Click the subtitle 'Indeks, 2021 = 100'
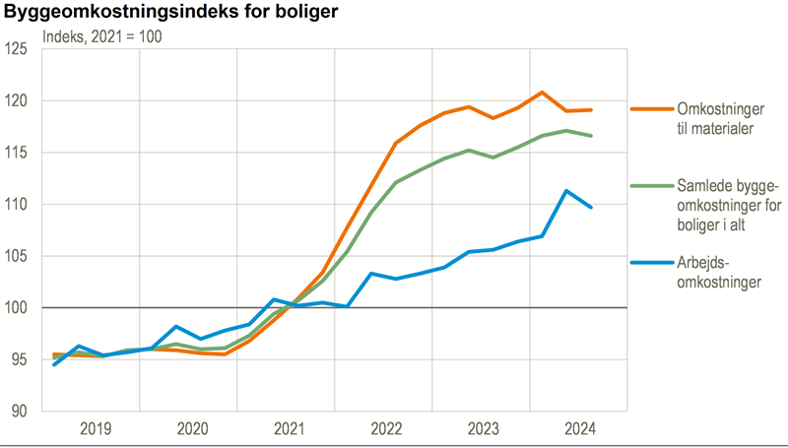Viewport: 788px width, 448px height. click(x=101, y=36)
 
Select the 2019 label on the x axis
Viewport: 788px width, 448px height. click(x=95, y=428)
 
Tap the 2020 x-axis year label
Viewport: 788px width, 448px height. click(x=192, y=428)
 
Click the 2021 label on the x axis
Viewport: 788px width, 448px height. click(x=289, y=428)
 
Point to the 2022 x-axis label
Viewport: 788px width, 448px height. click(x=385, y=428)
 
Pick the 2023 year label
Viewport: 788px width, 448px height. click(x=483, y=428)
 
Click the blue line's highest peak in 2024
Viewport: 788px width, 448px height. click(x=566, y=191)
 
